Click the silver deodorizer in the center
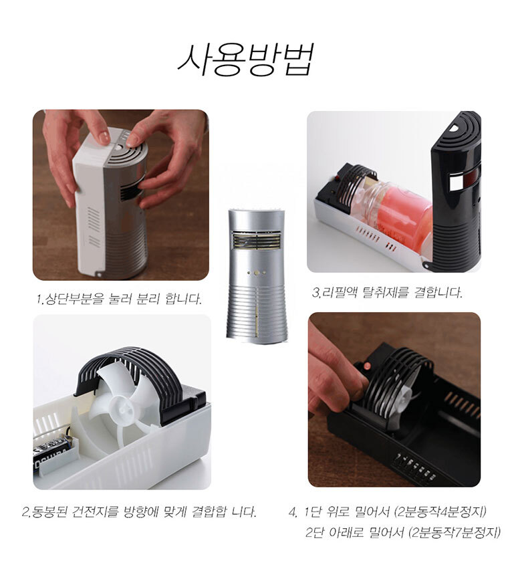(257, 275)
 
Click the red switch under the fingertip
(368, 366)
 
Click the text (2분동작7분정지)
(455, 532)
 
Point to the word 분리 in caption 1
(148, 299)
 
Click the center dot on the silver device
(257, 273)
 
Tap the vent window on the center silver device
(257, 241)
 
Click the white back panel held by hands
(89, 202)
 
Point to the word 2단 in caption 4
(314, 532)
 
